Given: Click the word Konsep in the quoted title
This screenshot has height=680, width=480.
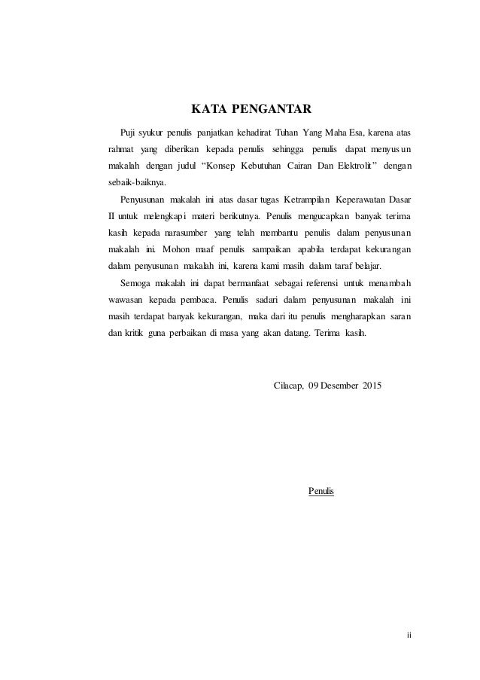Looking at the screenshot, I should click(x=228, y=165).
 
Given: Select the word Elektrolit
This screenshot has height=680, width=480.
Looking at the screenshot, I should click(x=351, y=165).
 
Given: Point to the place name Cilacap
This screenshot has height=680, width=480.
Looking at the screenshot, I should click(x=287, y=387).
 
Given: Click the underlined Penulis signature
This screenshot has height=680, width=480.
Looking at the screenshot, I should click(x=322, y=491).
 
